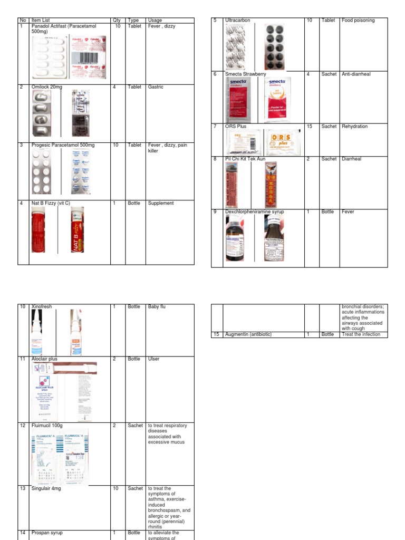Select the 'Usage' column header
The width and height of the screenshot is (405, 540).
[155, 21]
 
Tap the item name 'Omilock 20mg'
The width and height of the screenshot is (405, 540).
[47, 87]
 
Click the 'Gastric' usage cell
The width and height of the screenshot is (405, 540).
[155, 87]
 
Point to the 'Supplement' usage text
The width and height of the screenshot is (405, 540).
[161, 203]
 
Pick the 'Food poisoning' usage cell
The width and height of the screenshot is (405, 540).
[358, 21]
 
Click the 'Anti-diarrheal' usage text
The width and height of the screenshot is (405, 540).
[356, 74]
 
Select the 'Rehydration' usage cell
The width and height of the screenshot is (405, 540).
[354, 127]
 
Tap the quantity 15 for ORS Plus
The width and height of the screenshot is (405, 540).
[310, 127]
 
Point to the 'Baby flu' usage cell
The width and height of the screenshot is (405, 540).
[157, 306]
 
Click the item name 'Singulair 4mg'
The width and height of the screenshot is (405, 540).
[48, 488]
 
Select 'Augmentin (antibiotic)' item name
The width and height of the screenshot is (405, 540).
[248, 334]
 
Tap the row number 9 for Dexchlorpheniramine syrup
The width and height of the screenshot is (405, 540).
[215, 211]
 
